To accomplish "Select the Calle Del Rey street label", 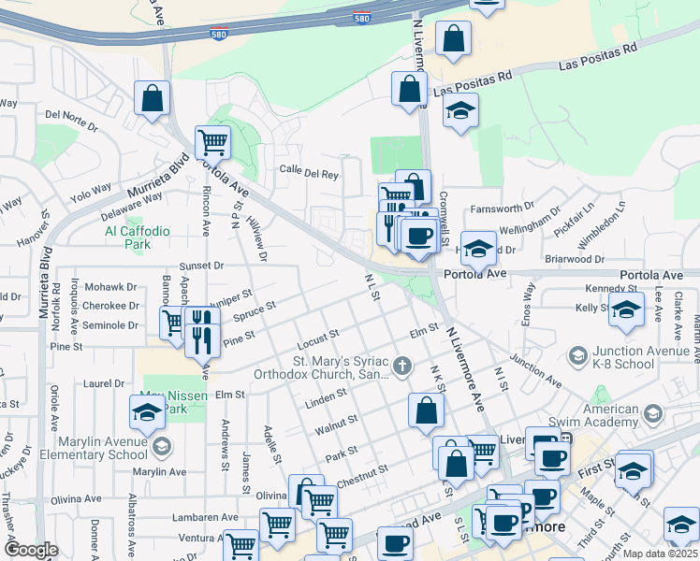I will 309,172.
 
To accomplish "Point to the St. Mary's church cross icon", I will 402,366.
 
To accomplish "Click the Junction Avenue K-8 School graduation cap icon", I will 577,355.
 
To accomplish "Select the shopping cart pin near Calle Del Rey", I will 212,143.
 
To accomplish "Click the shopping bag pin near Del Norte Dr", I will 152,98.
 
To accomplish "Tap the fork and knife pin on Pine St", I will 202,331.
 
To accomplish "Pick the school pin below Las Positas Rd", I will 460,111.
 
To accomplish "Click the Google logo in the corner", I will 31,550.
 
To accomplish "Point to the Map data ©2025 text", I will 659,554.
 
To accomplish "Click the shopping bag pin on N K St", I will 426,410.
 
